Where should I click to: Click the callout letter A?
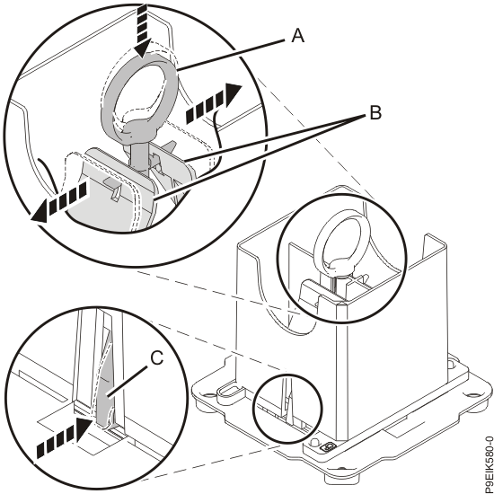[297, 35]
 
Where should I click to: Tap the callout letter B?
[375, 112]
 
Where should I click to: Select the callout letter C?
[156, 358]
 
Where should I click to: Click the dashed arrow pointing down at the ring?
[142, 31]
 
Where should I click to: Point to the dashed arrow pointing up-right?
[214, 102]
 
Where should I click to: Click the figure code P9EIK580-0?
[489, 464]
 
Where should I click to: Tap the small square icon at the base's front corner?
[328, 446]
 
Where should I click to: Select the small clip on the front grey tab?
[116, 188]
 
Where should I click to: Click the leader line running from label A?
[231, 54]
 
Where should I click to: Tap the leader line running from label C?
[127, 381]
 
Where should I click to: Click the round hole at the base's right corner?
[472, 395]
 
